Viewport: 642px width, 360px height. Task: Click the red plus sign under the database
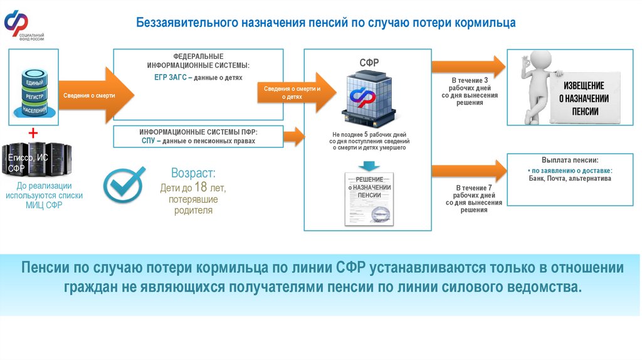click(33, 134)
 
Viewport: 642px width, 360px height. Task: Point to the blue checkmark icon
click(124, 184)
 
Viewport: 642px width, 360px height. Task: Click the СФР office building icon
click(371, 97)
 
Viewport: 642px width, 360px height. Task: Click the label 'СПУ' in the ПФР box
click(149, 141)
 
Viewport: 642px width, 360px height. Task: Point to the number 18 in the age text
click(200, 187)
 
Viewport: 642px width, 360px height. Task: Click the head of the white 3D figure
click(536, 62)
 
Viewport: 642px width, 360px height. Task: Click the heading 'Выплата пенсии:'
click(569, 160)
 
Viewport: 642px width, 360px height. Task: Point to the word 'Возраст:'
click(193, 173)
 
